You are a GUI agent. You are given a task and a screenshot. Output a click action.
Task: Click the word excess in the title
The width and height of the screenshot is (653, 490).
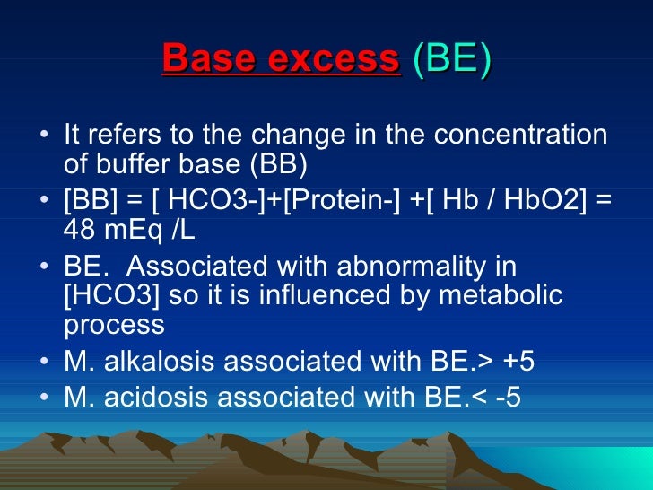(x=334, y=59)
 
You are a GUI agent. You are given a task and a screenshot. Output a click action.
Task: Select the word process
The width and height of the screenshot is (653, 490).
(x=114, y=325)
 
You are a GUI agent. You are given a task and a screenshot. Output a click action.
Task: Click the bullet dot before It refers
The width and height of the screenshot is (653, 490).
(x=45, y=137)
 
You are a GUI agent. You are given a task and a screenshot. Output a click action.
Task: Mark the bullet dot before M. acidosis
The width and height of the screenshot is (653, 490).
(x=45, y=397)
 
